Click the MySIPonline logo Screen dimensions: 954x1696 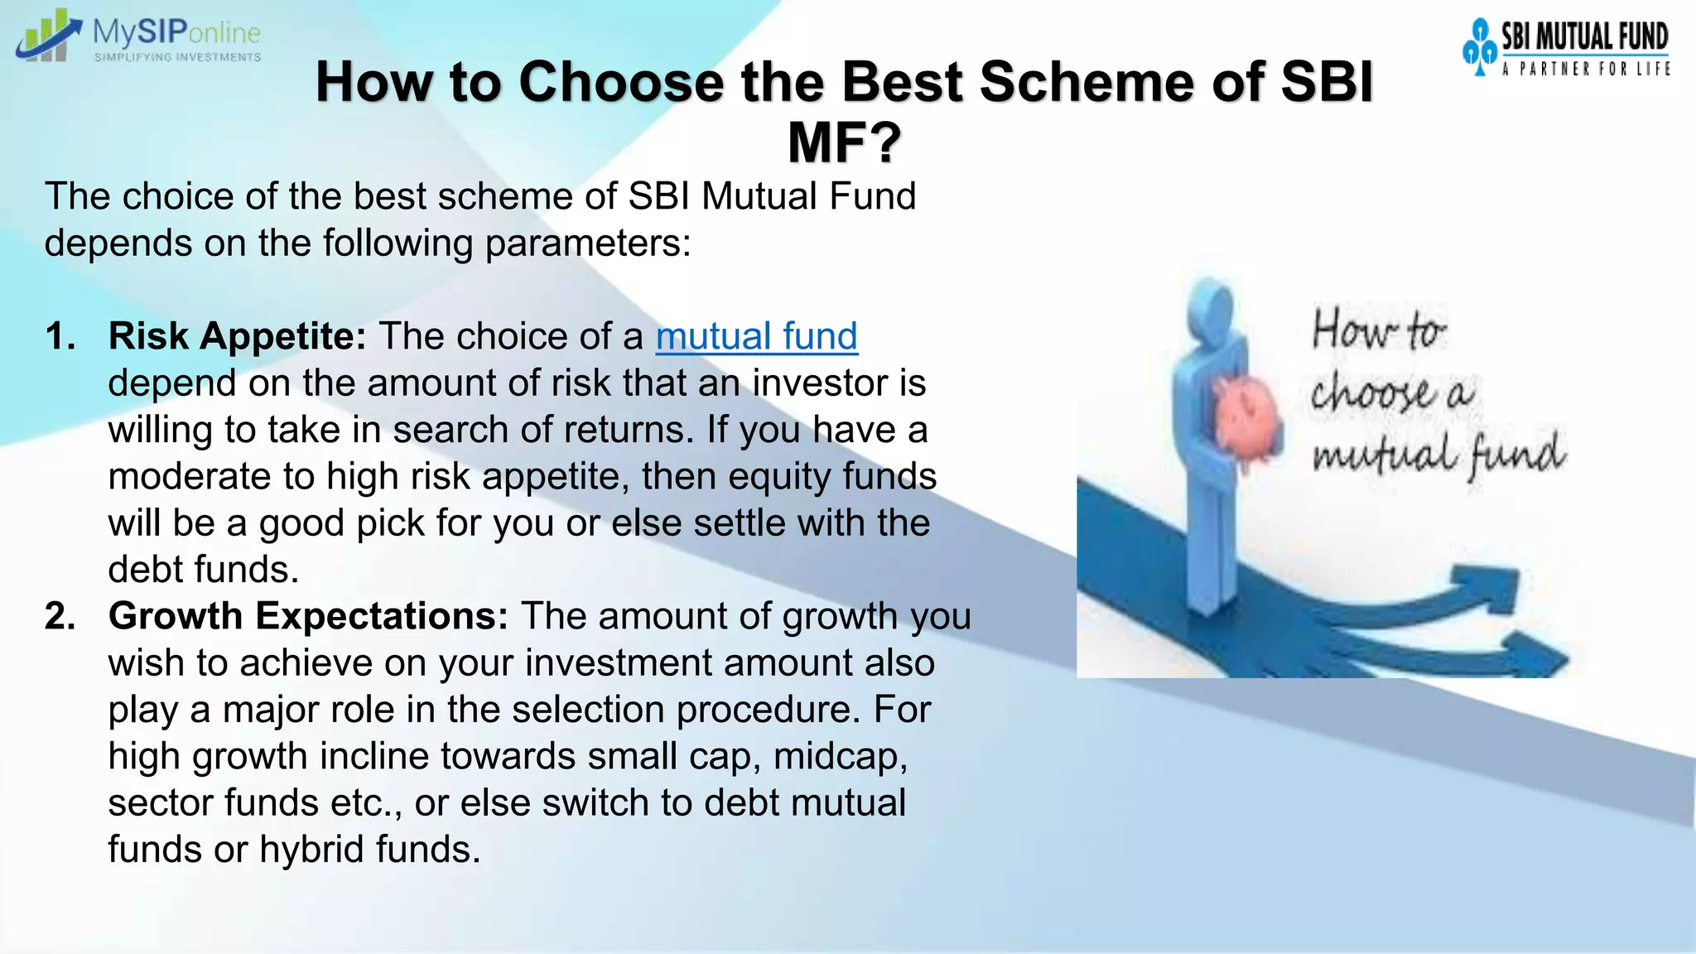(x=137, y=36)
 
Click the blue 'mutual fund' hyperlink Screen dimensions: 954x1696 (x=756, y=336)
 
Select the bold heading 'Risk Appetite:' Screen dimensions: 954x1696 (x=237, y=336)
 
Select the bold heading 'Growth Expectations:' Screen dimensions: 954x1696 (x=308, y=616)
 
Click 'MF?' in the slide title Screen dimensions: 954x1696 (x=844, y=142)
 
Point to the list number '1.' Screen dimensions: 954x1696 (x=60, y=336)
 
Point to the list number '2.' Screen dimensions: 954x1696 (x=60, y=616)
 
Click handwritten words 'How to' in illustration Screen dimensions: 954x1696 (x=1378, y=330)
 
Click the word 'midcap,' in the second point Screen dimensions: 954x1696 (x=840, y=756)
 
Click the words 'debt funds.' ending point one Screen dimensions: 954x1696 (x=203, y=570)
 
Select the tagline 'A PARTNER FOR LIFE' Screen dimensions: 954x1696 (x=1585, y=70)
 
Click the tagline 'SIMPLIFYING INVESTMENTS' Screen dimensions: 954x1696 (x=177, y=57)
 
